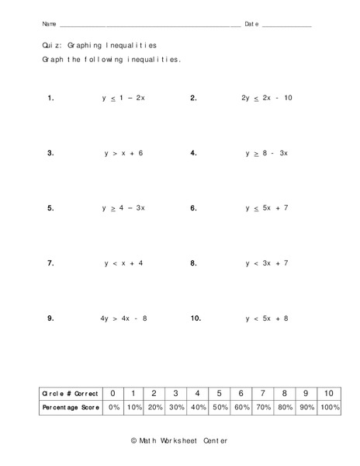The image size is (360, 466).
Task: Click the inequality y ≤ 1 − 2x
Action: click(x=123, y=99)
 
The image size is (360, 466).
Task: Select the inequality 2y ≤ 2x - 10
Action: click(x=266, y=99)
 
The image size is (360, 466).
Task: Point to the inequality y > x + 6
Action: click(x=123, y=153)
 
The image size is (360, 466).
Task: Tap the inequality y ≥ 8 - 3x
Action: click(x=266, y=153)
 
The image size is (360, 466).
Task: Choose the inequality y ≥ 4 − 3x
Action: click(x=123, y=208)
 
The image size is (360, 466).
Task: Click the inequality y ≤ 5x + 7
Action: click(x=266, y=208)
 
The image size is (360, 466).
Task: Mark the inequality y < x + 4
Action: click(x=123, y=263)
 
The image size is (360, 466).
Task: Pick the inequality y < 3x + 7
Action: click(x=266, y=263)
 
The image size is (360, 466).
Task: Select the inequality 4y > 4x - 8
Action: click(x=123, y=318)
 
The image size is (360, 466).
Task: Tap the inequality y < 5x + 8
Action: click(x=266, y=318)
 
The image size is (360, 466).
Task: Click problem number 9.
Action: click(x=50, y=318)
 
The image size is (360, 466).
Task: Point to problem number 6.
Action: click(x=193, y=208)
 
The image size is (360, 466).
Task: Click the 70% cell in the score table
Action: click(x=264, y=408)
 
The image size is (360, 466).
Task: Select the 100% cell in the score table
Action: click(x=329, y=408)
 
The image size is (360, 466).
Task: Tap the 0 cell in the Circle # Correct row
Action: click(x=114, y=393)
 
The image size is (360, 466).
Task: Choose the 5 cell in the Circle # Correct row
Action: click(x=220, y=393)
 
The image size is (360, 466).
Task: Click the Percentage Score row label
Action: click(x=71, y=408)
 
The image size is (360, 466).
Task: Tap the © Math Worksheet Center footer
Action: click(x=179, y=440)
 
